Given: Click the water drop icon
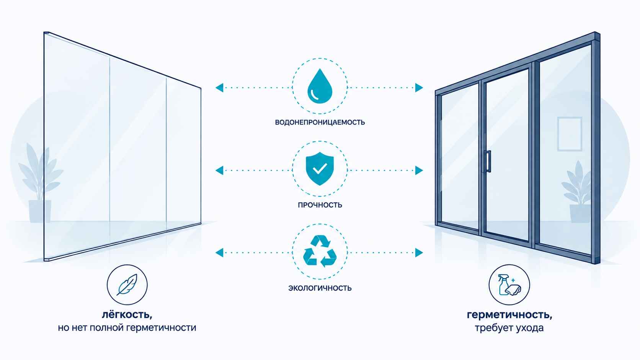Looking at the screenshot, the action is (x=320, y=86).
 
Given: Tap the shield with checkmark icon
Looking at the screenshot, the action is (x=320, y=168).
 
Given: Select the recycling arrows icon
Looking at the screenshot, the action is (x=320, y=251).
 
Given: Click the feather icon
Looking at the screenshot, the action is (x=127, y=285).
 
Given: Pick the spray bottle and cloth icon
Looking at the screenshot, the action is (x=509, y=285).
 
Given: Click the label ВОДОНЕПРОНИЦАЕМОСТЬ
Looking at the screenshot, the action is (x=320, y=122).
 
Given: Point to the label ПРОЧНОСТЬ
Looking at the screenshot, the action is (x=320, y=205).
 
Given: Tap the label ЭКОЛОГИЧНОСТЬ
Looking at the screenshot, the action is (x=320, y=288).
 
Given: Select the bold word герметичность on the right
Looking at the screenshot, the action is (x=509, y=315).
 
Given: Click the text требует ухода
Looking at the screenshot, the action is (x=509, y=328).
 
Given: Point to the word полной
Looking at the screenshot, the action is (x=106, y=327).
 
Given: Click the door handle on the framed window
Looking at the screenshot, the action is (x=488, y=161).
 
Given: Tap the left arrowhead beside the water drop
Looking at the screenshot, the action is (x=219, y=88).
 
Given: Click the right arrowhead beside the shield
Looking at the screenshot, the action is (x=419, y=171).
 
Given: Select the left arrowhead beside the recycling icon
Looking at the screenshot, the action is (x=219, y=252).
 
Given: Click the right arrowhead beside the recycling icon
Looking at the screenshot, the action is (x=419, y=252).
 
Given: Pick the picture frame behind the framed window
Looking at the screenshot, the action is (x=570, y=134).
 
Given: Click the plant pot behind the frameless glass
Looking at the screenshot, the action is (x=40, y=211).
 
